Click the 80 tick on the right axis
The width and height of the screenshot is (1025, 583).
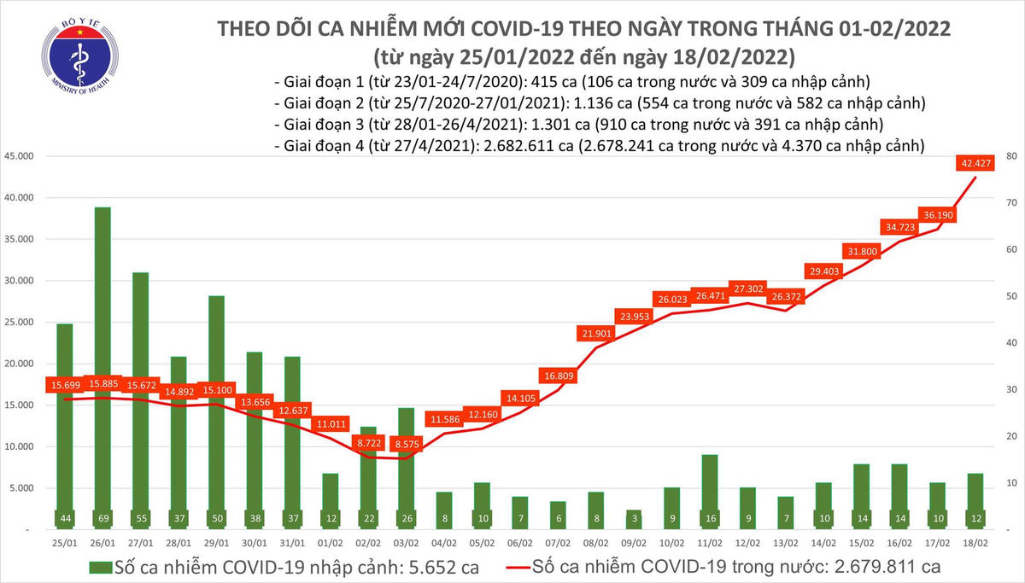point(1010,156)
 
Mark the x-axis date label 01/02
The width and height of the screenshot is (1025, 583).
point(332,543)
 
